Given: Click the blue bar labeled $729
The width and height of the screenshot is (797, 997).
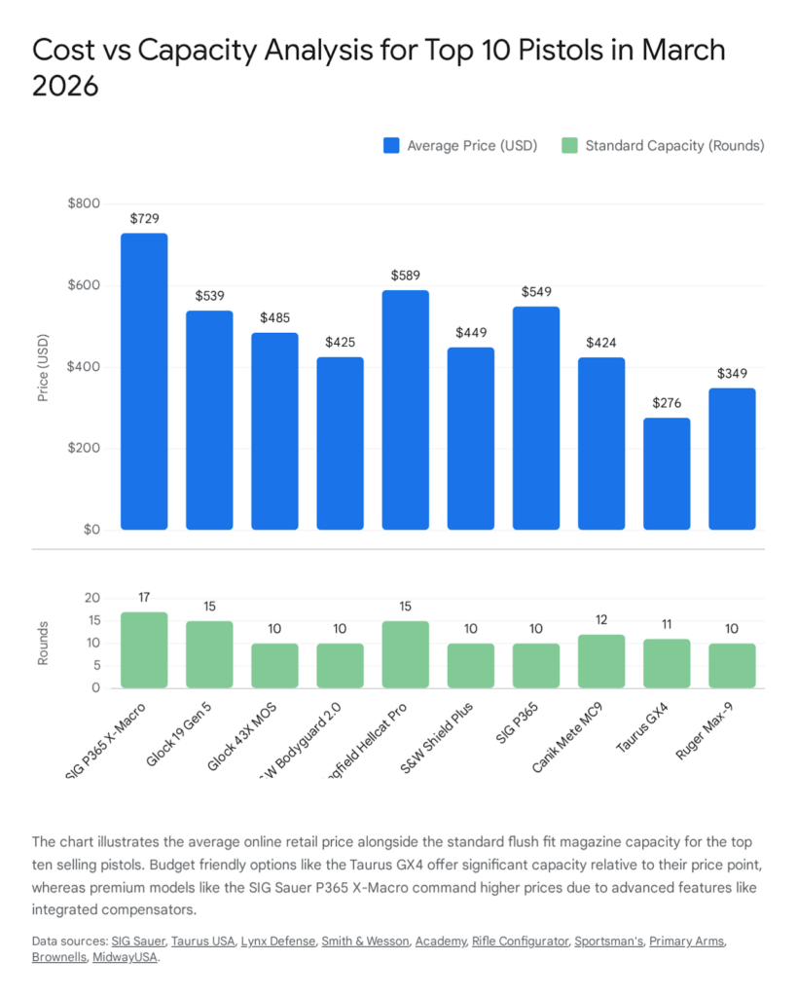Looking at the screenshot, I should pyautogui.click(x=144, y=382).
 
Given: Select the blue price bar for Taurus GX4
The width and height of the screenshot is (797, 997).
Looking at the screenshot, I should pyautogui.click(x=667, y=474).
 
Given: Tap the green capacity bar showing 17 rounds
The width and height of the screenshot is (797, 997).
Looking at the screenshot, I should pyautogui.click(x=144, y=649).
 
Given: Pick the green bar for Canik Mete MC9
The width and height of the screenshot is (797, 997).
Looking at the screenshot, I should pyautogui.click(x=601, y=661).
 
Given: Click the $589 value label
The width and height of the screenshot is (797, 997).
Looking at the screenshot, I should pyautogui.click(x=405, y=276).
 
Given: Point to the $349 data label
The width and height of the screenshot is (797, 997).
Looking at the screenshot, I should pyautogui.click(x=732, y=374).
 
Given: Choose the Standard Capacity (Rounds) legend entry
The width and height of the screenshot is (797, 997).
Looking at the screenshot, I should pyautogui.click(x=664, y=145).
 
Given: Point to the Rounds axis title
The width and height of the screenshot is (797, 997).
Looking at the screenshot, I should pyautogui.click(x=43, y=644).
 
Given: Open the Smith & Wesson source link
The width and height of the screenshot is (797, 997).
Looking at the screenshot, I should pyautogui.click(x=374, y=941).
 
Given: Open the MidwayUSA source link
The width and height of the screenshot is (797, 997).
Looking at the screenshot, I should pyautogui.click(x=126, y=957).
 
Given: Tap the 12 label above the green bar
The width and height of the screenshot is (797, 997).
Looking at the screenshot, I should pyautogui.click(x=601, y=620).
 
